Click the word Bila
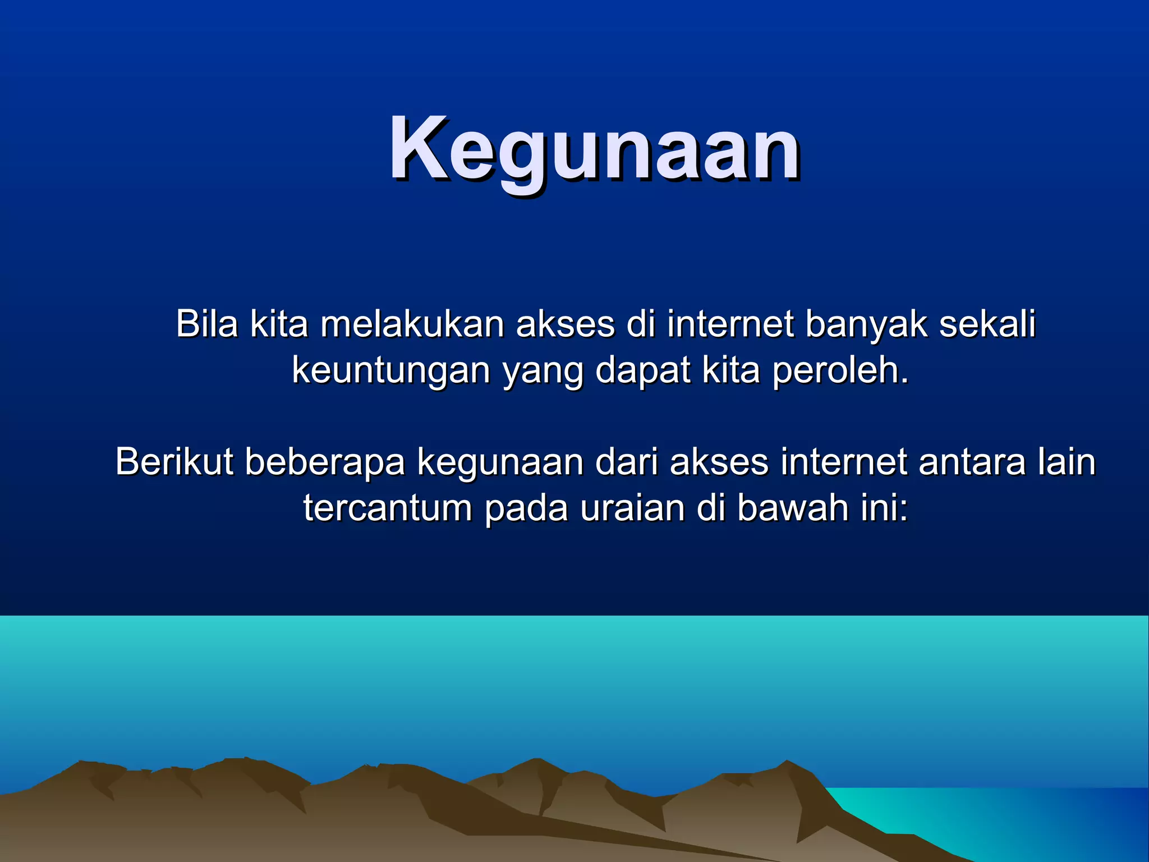(206, 324)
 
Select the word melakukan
(412, 324)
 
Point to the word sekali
(987, 324)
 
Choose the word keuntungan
(391, 372)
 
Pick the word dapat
(642, 372)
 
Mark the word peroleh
(839, 372)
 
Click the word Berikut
(174, 462)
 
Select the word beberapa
(325, 462)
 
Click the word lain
(1066, 462)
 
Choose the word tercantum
(387, 508)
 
